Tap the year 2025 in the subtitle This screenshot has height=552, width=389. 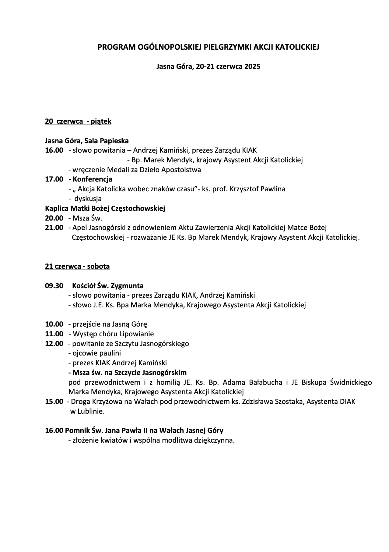coord(252,66)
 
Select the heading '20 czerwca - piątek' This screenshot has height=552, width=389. coord(78,122)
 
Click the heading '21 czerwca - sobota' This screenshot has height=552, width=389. coord(77,266)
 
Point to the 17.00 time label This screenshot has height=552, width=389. coord(54,179)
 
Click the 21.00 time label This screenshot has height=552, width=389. coord(54,228)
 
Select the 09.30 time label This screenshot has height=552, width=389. coord(54,286)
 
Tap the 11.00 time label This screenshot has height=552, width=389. coord(54,334)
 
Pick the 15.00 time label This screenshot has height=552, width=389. coord(54,402)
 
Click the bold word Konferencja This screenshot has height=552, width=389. coord(93,179)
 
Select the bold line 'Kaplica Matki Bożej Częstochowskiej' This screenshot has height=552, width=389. coord(105,208)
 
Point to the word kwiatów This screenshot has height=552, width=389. coord(114,441)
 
